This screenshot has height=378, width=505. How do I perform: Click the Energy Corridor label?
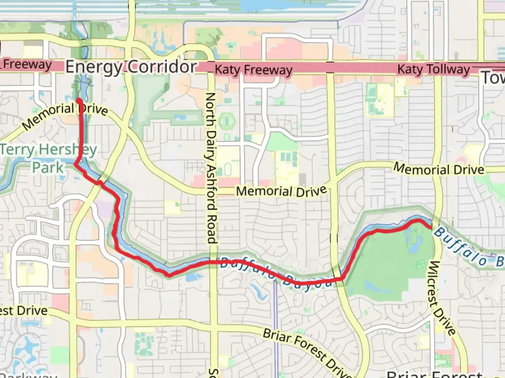(x=131, y=66)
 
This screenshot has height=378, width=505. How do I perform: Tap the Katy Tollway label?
(x=433, y=69)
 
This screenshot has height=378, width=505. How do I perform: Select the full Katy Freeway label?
(x=253, y=70)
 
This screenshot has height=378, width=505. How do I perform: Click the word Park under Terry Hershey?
(x=48, y=168)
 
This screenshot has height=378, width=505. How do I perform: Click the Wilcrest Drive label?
(x=441, y=298)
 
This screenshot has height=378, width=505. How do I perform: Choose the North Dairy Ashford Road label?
(x=210, y=168)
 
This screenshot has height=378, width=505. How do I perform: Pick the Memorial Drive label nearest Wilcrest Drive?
(x=438, y=169)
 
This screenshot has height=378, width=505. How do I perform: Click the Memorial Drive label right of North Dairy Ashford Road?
(x=281, y=191)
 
